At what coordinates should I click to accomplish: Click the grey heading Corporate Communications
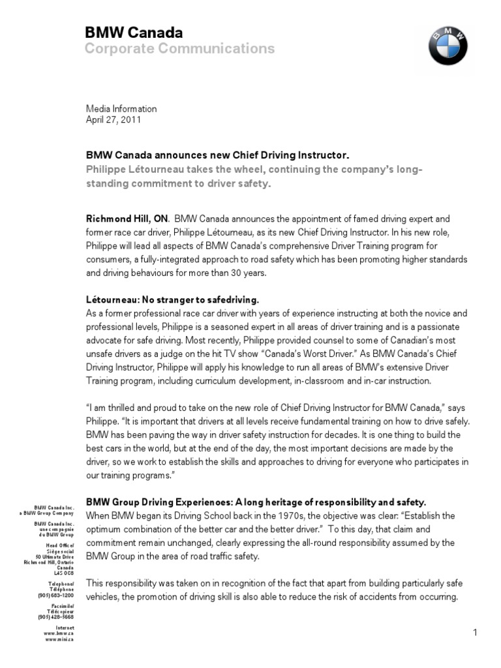[180, 49]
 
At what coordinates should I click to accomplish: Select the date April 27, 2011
[114, 120]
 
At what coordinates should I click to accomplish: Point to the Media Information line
[121, 109]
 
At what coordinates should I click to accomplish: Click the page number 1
[476, 632]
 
